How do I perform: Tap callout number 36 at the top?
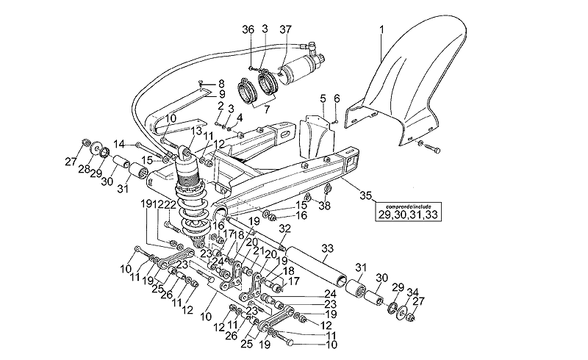click(x=248, y=29)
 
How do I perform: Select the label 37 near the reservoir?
click(x=285, y=29)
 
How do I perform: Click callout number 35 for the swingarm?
click(x=366, y=195)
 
